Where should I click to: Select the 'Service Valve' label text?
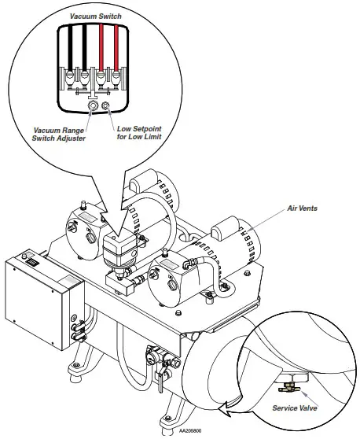tap(295, 408)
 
